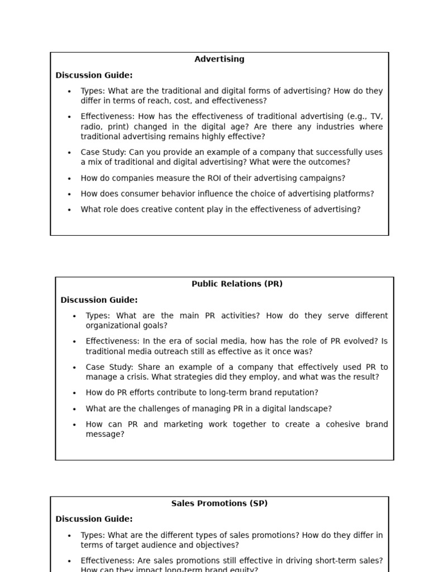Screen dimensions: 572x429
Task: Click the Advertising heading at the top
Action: point(219,59)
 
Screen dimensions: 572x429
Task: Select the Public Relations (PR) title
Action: point(237,284)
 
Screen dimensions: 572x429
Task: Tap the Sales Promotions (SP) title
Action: point(219,503)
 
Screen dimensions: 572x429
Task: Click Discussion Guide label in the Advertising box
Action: point(94,75)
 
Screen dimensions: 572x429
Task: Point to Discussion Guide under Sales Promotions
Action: point(94,519)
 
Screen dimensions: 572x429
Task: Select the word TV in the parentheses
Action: point(376,117)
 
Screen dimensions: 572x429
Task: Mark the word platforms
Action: point(353,194)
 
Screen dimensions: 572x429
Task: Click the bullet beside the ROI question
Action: point(69,179)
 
